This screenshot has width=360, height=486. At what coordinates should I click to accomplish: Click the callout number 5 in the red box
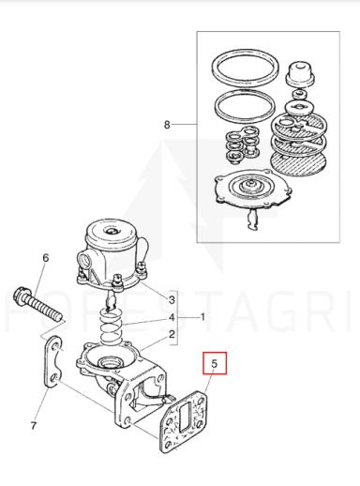click(x=214, y=363)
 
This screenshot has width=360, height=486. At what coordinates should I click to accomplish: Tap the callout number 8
click(x=167, y=125)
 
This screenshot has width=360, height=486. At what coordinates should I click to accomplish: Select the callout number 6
click(x=46, y=258)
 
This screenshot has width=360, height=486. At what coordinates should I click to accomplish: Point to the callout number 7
click(x=34, y=425)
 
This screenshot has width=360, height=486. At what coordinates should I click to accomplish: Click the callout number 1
click(x=202, y=317)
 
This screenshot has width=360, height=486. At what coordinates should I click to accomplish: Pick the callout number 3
click(x=172, y=300)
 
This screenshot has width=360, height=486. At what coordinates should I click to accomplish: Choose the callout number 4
click(x=172, y=318)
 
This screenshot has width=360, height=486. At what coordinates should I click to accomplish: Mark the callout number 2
click(x=172, y=335)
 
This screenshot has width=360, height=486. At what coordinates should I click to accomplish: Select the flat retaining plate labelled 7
click(x=52, y=361)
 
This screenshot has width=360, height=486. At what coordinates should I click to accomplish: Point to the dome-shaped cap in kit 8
click(x=300, y=73)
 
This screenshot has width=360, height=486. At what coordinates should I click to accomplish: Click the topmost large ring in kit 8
click(x=246, y=68)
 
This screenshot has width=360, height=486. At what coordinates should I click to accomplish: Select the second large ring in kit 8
click(x=245, y=107)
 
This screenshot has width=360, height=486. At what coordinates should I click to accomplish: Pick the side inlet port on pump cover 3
click(x=85, y=260)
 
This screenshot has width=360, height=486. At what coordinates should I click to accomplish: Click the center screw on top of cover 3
click(x=112, y=231)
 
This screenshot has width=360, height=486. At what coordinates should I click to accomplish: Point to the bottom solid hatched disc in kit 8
click(x=298, y=162)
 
